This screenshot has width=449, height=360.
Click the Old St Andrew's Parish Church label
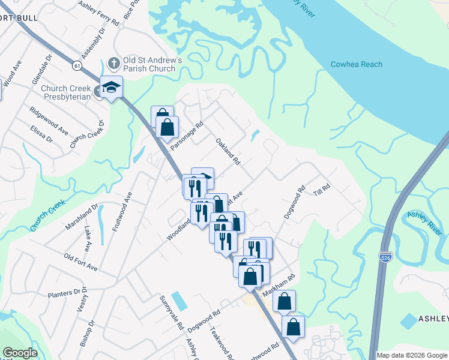[x=149, y=64]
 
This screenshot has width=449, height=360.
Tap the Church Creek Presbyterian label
[x=66, y=92]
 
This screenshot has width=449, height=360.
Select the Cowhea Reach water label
[x=356, y=64]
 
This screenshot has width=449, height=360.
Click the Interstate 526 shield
[x=386, y=256]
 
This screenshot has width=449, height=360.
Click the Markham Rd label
[x=279, y=286]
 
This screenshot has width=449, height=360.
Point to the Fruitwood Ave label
[x=121, y=212]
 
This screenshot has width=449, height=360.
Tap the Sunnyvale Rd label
[x=170, y=313]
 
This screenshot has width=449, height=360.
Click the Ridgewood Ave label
[x=50, y=122]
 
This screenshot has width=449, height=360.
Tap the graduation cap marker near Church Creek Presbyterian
[x=111, y=88]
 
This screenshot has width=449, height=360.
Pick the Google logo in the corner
[x=20, y=353]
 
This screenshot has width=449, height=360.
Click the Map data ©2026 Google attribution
[x=412, y=355]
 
